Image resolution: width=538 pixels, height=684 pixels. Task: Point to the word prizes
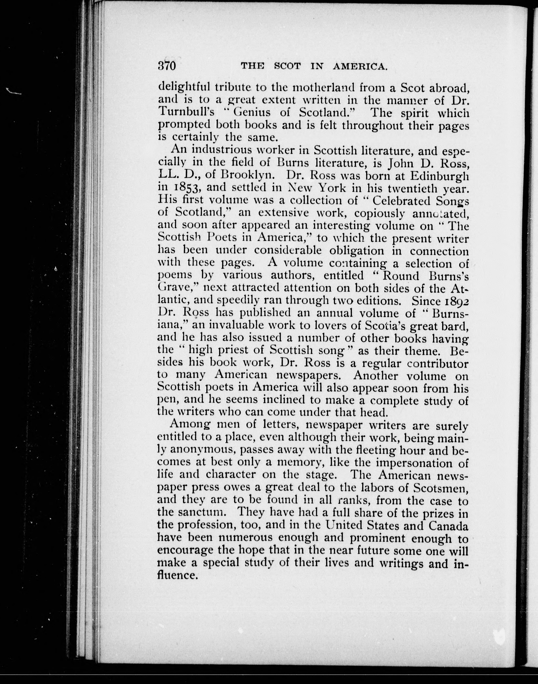(x=438, y=513)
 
